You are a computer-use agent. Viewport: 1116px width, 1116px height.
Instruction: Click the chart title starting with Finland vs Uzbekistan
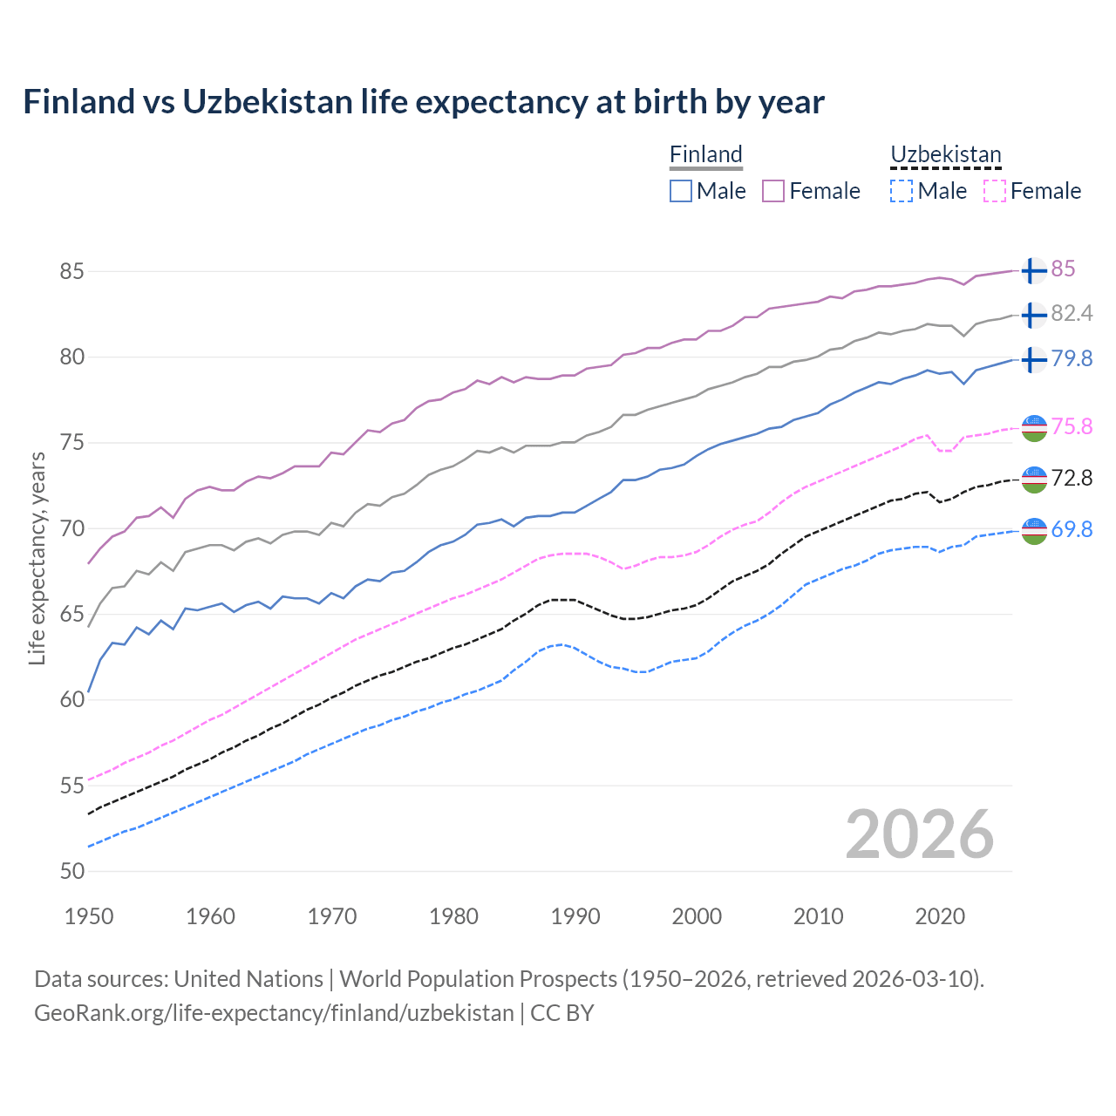pos(424,102)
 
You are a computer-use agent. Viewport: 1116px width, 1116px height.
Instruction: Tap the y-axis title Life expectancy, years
pos(37,558)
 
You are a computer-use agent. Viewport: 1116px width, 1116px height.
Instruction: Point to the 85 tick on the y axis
pos(71,271)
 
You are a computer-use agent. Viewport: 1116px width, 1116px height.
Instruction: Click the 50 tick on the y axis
pos(71,871)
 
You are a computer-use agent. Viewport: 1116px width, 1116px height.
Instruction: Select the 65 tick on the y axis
pos(71,614)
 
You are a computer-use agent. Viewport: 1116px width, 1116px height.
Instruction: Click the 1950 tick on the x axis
pos(89,916)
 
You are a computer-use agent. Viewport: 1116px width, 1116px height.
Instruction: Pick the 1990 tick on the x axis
pos(575,916)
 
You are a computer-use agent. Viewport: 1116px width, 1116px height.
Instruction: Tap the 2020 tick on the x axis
pos(940,916)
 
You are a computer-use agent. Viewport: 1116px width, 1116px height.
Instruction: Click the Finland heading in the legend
pos(705,154)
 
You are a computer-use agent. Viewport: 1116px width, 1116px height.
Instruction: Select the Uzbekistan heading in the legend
pos(945,154)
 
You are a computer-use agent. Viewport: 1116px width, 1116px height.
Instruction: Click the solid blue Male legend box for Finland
pos(681,191)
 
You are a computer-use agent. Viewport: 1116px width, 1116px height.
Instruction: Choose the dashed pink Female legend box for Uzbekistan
pos(995,191)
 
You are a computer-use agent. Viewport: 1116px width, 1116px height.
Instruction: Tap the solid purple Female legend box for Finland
pos(773,191)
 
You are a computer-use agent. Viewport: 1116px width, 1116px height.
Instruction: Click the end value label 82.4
pos(1072,314)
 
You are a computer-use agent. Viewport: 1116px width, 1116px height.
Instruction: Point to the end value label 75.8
pos(1072,426)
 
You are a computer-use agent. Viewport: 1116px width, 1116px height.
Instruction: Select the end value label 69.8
pos(1072,529)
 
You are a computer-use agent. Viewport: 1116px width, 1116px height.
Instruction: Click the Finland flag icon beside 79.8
pos(1033,359)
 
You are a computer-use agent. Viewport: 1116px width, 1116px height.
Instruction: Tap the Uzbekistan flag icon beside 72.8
pos(1033,479)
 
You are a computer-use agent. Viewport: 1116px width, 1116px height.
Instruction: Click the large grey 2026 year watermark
pos(919,834)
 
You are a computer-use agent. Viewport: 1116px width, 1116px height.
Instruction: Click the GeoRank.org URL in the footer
pos(274,1013)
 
